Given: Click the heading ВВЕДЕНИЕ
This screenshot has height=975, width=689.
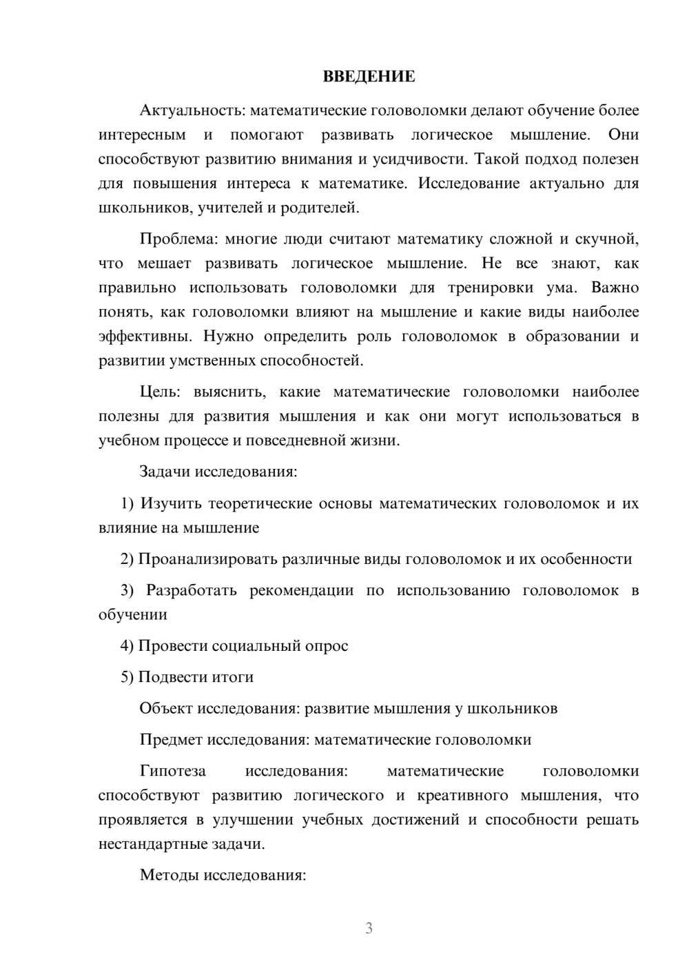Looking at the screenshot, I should click(369, 77).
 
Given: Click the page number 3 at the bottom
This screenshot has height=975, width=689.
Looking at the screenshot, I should click(369, 928).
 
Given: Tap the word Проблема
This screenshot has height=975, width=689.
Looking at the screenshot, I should click(176, 239).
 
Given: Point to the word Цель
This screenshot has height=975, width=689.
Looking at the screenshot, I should click(159, 392).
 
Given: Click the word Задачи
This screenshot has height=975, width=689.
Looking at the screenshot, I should click(165, 472).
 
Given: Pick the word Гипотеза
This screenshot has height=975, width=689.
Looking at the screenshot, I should click(173, 771).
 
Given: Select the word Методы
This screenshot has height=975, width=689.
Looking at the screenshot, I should click(168, 875).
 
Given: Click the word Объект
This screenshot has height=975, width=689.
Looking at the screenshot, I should click(166, 708).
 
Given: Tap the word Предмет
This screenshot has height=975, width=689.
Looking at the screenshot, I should click(172, 740).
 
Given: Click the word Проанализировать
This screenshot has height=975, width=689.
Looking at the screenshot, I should click(208, 559).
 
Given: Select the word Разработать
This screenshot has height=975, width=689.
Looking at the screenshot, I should click(192, 591).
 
